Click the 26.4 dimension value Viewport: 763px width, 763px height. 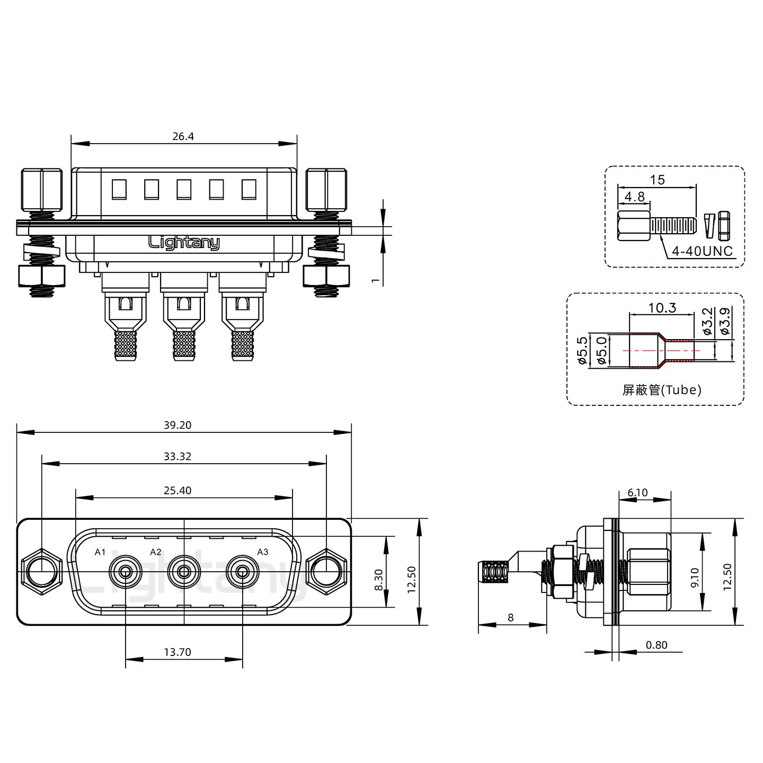[183, 136]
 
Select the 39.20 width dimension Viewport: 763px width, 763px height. [178, 425]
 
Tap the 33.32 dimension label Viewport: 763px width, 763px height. [178, 456]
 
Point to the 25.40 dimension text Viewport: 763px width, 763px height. [178, 490]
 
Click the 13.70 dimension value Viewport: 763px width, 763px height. [178, 652]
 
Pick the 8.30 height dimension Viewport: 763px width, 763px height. [378, 580]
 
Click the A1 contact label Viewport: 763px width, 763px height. [100, 552]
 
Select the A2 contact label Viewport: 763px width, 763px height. [156, 552]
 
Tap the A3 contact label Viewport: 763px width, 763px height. [262, 552]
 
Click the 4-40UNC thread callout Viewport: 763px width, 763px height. [702, 251]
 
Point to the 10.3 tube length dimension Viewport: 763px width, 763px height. [662, 307]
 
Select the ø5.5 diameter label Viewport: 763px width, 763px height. [582, 350]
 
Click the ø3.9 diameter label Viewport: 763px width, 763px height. [725, 321]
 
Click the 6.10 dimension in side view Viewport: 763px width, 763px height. [637, 492]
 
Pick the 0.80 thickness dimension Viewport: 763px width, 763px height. [656, 645]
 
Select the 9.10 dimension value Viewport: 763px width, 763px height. [695, 578]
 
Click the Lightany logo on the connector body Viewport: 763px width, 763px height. [184, 242]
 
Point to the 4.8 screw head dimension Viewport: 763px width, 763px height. [634, 197]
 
